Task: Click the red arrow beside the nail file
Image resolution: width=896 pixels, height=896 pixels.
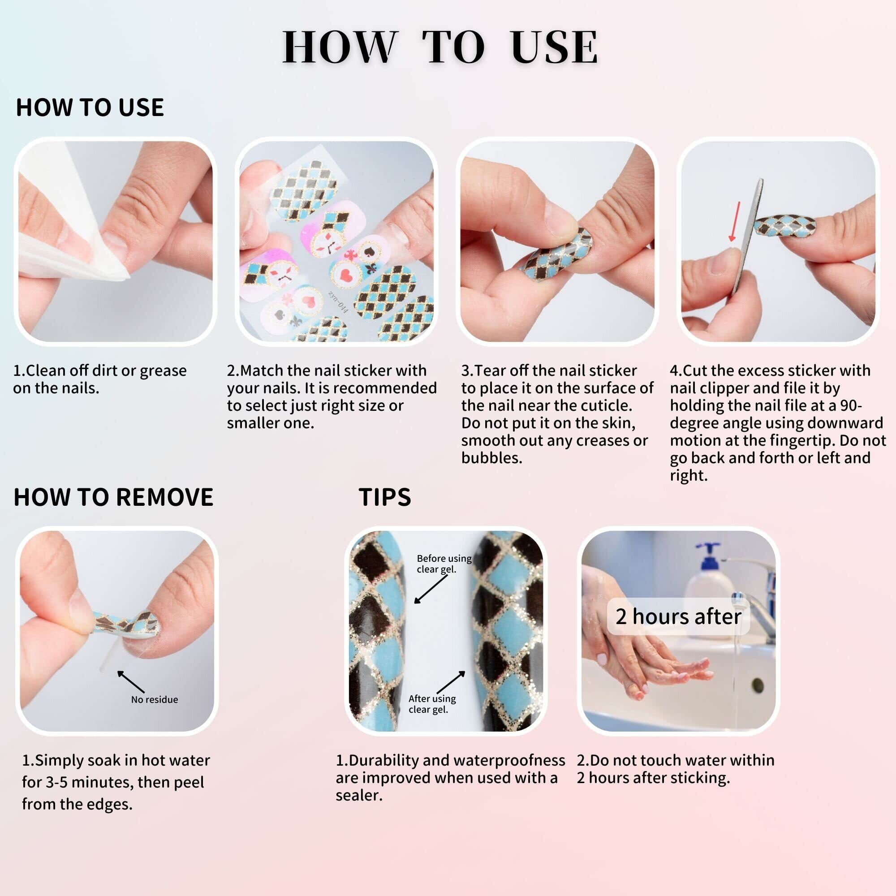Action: [734, 221]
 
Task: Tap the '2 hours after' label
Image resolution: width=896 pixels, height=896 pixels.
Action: [678, 616]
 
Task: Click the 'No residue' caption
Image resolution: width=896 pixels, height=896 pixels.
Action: [155, 699]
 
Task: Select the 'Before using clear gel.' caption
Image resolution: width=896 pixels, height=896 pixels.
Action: [444, 564]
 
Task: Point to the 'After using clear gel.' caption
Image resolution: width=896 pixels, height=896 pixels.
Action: [432, 704]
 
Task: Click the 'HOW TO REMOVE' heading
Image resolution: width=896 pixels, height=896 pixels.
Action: [114, 497]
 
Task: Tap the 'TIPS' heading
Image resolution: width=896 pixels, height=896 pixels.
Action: [385, 497]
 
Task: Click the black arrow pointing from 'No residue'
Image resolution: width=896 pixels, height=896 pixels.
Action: [131, 682]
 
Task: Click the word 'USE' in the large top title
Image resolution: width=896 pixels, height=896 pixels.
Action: [554, 47]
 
